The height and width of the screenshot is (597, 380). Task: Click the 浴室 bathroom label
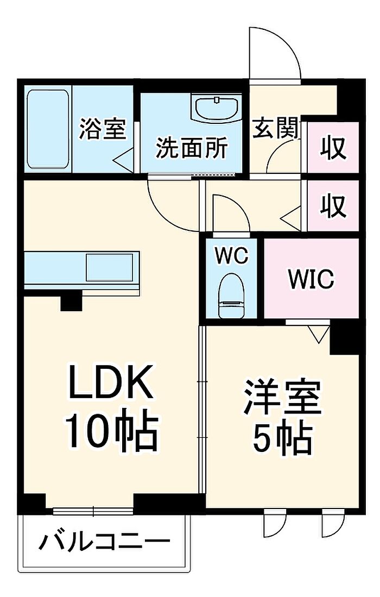102,130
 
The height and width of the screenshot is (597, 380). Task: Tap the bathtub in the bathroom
48,129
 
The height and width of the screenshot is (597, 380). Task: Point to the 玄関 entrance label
276,129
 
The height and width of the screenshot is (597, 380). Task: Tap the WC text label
232,255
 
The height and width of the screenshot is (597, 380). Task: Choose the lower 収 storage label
333,206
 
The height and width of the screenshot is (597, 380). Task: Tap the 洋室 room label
282,399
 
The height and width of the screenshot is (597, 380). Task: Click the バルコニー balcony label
105,542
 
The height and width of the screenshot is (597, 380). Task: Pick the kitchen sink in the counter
109,267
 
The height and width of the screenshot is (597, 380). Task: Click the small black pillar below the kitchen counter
71,300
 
